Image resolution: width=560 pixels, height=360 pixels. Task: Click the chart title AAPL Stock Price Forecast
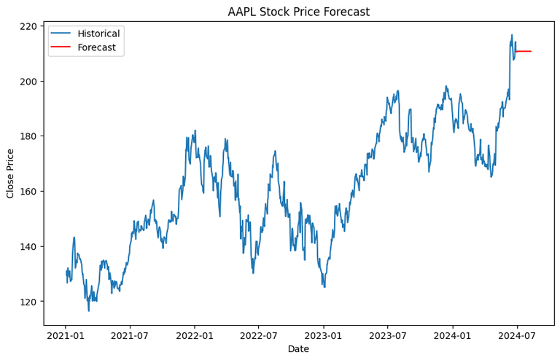298,12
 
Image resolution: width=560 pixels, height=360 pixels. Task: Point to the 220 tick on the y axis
29,26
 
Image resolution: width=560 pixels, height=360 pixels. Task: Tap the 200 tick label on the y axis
29,81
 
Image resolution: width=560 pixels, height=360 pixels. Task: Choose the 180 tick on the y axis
29,136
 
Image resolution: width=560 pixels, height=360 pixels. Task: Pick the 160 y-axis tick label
29,191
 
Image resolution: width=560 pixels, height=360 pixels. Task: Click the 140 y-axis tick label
29,246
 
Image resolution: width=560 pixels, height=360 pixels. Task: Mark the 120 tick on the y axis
29,301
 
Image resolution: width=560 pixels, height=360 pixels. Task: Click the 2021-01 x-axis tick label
66,336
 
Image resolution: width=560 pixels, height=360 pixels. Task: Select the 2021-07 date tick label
130,336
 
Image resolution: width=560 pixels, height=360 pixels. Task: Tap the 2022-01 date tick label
195,336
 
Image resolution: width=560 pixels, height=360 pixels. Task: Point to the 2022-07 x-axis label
259,336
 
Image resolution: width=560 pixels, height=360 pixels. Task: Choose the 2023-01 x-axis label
324,336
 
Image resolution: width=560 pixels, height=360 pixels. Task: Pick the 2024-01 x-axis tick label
453,336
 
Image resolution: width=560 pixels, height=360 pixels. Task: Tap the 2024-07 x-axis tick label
517,336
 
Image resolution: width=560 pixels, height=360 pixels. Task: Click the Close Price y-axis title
10,173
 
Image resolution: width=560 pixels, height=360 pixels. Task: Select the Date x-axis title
298,350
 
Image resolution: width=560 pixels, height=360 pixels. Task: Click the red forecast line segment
524,51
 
